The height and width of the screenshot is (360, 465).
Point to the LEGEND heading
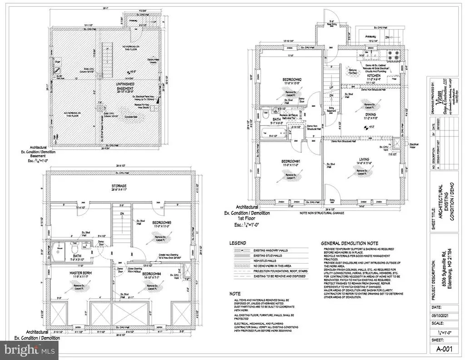[238, 243]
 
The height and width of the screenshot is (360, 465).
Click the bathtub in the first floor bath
[272, 134]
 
